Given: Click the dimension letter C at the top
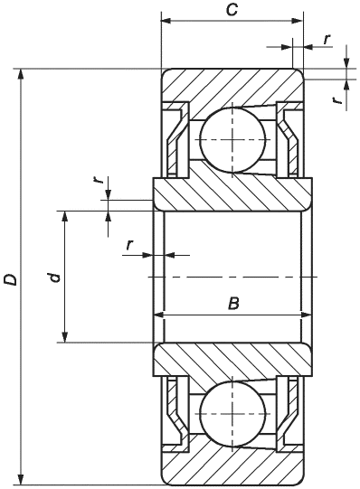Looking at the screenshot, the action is point(232,10).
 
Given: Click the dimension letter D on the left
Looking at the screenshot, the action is point(10,279).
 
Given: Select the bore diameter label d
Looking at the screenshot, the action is point(54,277).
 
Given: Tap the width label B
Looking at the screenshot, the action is point(233,303).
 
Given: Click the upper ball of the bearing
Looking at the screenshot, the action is point(232,139).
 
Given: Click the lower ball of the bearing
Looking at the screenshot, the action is point(232,413).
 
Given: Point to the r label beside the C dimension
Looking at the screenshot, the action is point(327,40).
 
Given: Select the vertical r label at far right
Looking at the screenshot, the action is point(336,99).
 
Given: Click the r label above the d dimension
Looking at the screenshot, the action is point(99,180).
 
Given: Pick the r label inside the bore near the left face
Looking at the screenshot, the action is point(129,245).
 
